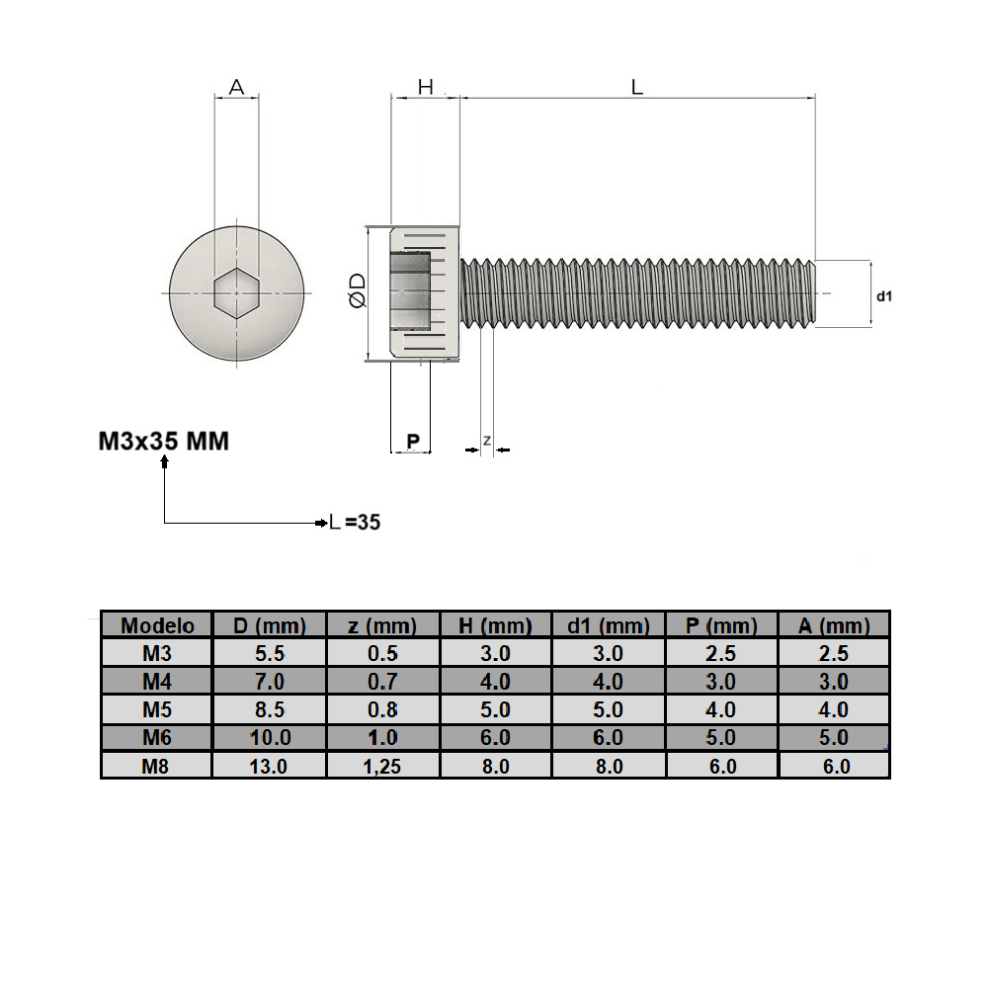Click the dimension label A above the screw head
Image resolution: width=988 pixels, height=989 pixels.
(236, 87)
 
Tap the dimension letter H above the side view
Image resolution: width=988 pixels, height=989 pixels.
(425, 87)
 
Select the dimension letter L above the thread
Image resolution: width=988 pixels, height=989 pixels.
(637, 87)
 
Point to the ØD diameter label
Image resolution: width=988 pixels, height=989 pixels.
(358, 292)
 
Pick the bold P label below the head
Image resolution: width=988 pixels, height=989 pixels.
(413, 440)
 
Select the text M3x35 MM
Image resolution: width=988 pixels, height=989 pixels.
(164, 441)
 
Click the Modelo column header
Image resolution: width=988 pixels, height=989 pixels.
(157, 625)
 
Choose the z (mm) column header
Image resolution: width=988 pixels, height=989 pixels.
(382, 625)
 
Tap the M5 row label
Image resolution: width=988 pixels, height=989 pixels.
(157, 709)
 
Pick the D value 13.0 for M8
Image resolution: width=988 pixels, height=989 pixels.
(269, 766)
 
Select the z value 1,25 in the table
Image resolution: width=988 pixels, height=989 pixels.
(382, 766)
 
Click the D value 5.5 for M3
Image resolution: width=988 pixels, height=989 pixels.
(269, 653)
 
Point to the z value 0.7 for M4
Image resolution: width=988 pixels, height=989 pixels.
(382, 682)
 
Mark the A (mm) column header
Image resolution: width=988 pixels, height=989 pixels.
(835, 625)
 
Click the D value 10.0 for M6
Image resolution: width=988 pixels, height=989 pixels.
(269, 738)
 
